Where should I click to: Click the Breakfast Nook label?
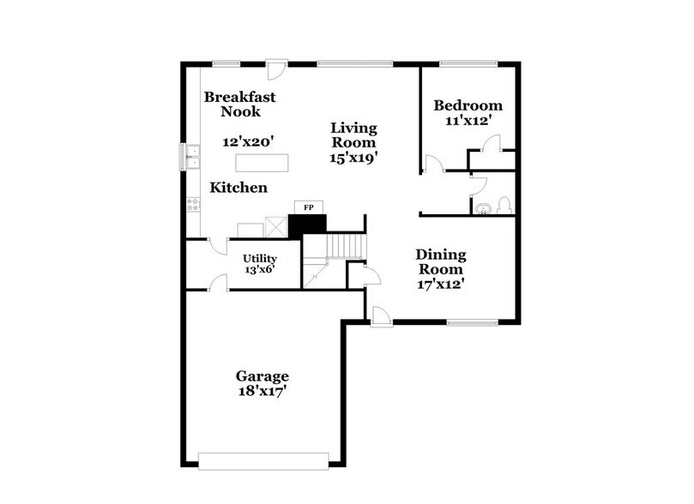pyautogui.click(x=233, y=104)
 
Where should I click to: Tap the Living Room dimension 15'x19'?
pyautogui.click(x=354, y=158)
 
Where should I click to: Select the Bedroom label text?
pyautogui.click(x=468, y=105)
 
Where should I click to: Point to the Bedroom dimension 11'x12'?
pyautogui.click(x=468, y=121)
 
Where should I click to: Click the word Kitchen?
pyautogui.click(x=239, y=188)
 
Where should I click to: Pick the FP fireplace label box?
pyautogui.click(x=306, y=207)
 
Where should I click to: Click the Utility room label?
pyautogui.click(x=259, y=258)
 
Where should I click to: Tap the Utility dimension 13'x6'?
pyautogui.click(x=259, y=270)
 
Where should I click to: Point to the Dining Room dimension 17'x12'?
pyautogui.click(x=441, y=285)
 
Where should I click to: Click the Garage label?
pyautogui.click(x=263, y=376)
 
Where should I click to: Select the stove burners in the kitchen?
pyautogui.click(x=193, y=205)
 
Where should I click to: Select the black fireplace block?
pyautogui.click(x=307, y=225)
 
